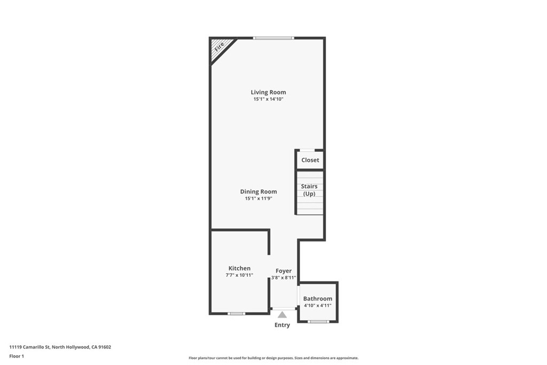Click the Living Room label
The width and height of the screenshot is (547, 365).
tap(268, 92)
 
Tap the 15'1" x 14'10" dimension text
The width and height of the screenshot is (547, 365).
tap(268, 99)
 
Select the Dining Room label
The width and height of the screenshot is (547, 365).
tap(259, 192)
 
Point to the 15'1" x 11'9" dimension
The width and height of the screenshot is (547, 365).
tap(259, 199)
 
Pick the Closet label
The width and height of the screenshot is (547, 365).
tap(310, 160)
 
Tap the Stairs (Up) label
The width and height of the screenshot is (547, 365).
tap(309, 190)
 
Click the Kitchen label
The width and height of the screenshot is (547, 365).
tap(239, 268)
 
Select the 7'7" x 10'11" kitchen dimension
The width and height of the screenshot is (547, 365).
tap(239, 275)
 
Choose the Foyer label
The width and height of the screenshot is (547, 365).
tap(284, 271)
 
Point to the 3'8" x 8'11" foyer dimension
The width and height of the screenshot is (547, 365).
tap(284, 278)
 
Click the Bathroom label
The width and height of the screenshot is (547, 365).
tap(318, 299)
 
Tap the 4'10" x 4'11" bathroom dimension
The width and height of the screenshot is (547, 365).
tap(318, 306)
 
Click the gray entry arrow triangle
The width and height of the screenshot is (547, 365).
tap(282, 315)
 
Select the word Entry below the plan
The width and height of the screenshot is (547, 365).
tap(282, 325)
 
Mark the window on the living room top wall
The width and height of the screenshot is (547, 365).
tap(273, 38)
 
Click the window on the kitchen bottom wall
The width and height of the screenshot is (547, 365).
tap(237, 314)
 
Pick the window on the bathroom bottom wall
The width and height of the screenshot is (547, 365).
tap(318, 322)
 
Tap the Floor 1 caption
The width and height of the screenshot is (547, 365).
tap(17, 356)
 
